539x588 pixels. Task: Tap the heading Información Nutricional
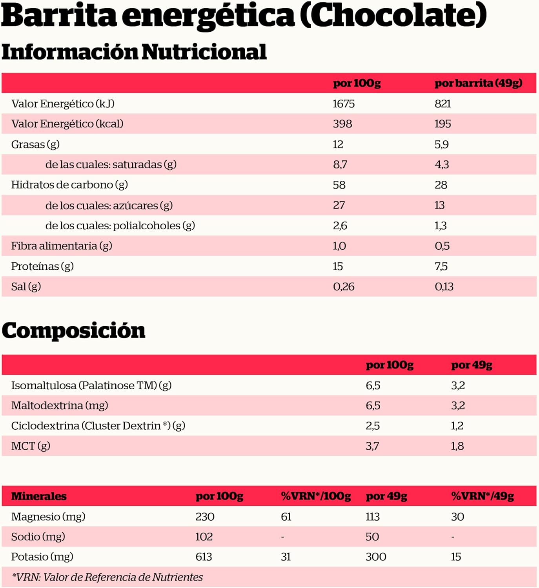(134, 52)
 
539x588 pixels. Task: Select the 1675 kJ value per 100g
(344, 103)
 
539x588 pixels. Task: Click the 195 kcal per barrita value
(442, 124)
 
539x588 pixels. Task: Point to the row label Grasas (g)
(35, 144)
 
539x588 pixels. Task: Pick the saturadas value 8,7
(340, 164)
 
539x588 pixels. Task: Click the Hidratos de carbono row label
(69, 185)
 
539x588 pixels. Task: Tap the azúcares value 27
(339, 205)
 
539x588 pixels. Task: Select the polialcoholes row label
(120, 225)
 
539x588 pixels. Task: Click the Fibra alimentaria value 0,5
(442, 246)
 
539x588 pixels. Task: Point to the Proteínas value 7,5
(441, 266)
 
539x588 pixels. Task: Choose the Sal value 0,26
(344, 287)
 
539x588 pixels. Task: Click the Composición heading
(73, 330)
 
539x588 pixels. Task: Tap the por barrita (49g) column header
(478, 83)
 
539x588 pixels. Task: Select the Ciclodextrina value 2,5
(373, 426)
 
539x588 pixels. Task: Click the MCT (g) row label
(31, 446)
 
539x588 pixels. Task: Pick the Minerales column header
(39, 496)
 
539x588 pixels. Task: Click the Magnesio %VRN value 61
(286, 517)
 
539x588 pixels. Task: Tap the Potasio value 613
(204, 557)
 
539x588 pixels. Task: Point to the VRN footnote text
(107, 577)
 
